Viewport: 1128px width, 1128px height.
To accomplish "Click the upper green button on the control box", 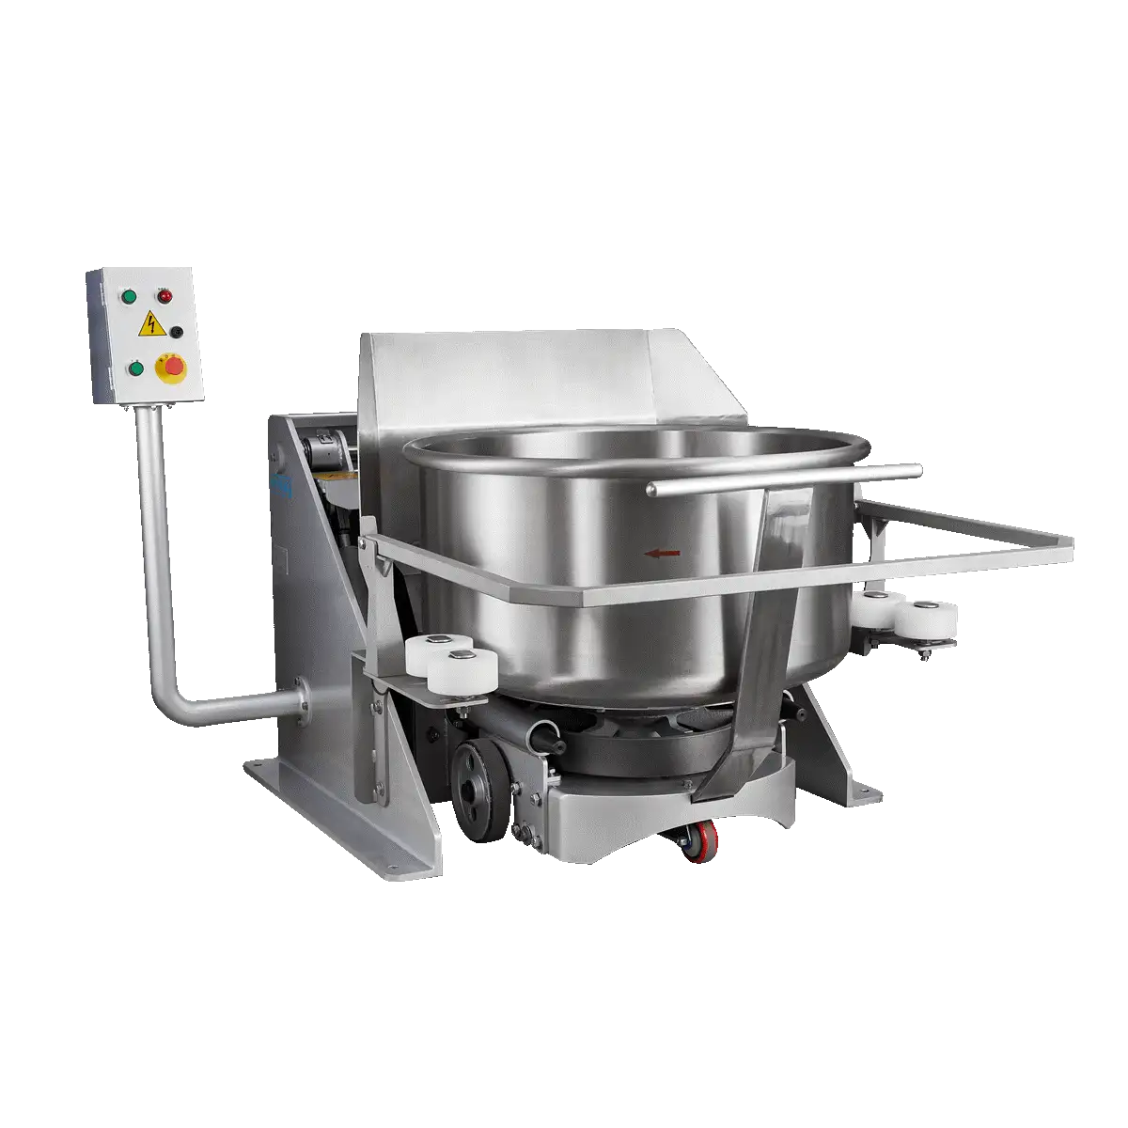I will [130, 297].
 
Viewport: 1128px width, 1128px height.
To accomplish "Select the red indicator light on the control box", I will [165, 297].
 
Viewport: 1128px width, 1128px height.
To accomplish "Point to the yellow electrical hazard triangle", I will [149, 326].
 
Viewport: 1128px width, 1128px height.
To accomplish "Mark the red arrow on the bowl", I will [662, 554].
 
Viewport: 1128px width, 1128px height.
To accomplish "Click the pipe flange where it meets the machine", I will [302, 699].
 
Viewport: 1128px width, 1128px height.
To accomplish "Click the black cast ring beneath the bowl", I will [639, 752].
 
